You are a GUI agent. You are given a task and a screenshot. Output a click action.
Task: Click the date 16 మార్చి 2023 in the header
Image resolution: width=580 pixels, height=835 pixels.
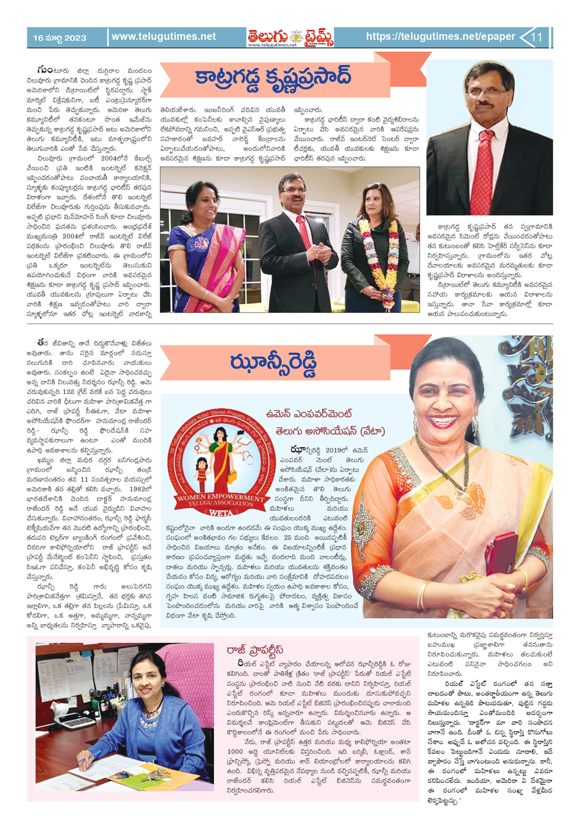(60, 38)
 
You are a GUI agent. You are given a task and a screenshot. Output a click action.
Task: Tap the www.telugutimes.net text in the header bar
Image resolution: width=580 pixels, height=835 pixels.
(164, 37)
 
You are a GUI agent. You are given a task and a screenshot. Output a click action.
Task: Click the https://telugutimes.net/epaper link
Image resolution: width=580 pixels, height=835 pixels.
(440, 37)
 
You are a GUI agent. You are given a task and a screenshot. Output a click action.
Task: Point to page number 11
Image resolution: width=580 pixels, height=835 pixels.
(537, 37)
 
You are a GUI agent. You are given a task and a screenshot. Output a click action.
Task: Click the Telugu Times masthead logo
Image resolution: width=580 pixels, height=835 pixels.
(290, 37)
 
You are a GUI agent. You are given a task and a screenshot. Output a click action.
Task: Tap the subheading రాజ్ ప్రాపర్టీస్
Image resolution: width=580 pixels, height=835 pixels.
(255, 650)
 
